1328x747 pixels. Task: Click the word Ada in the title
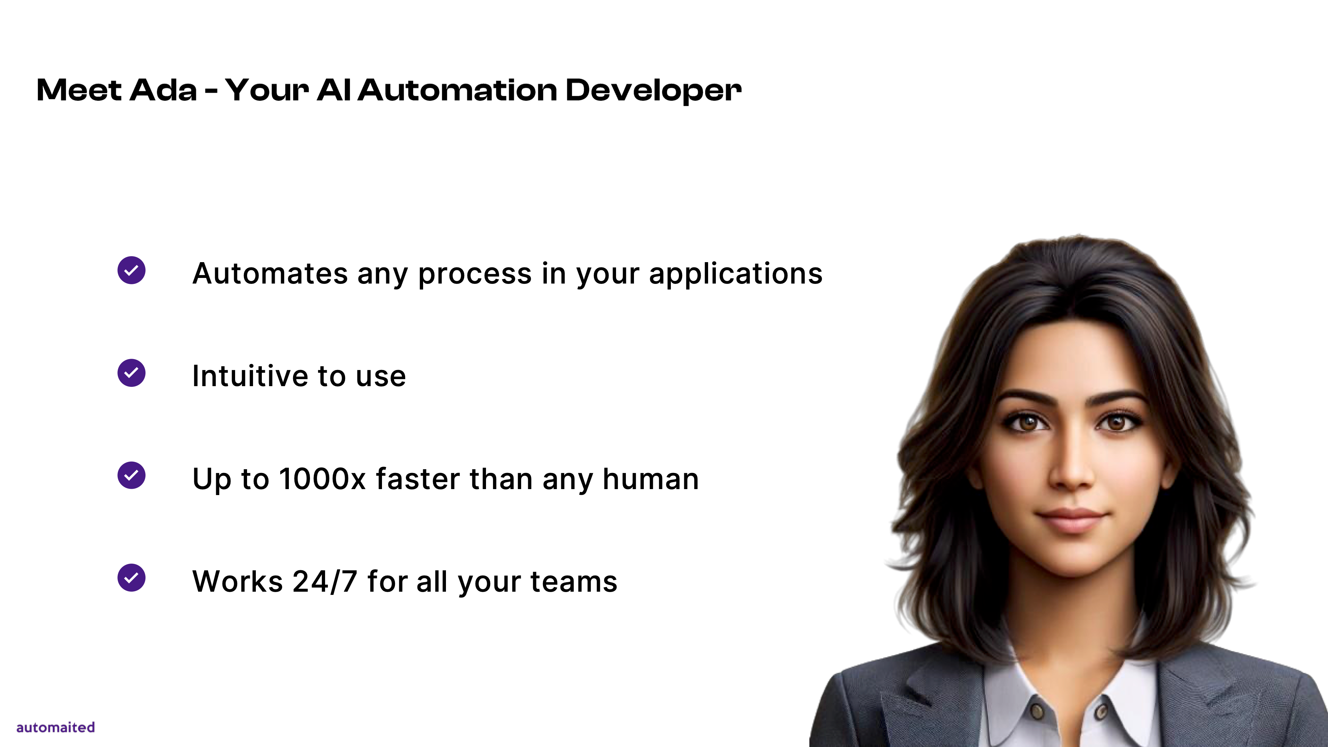[163, 90]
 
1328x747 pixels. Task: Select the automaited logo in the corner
[56, 727]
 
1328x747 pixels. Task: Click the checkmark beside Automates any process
[131, 270]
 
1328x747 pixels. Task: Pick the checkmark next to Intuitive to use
[131, 373]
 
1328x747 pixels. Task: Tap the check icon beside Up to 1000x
[131, 475]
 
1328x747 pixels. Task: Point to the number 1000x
[323, 479]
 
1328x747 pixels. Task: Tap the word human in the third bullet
[650, 479]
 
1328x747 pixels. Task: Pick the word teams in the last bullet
[574, 582]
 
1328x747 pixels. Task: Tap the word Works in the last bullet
[238, 582]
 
